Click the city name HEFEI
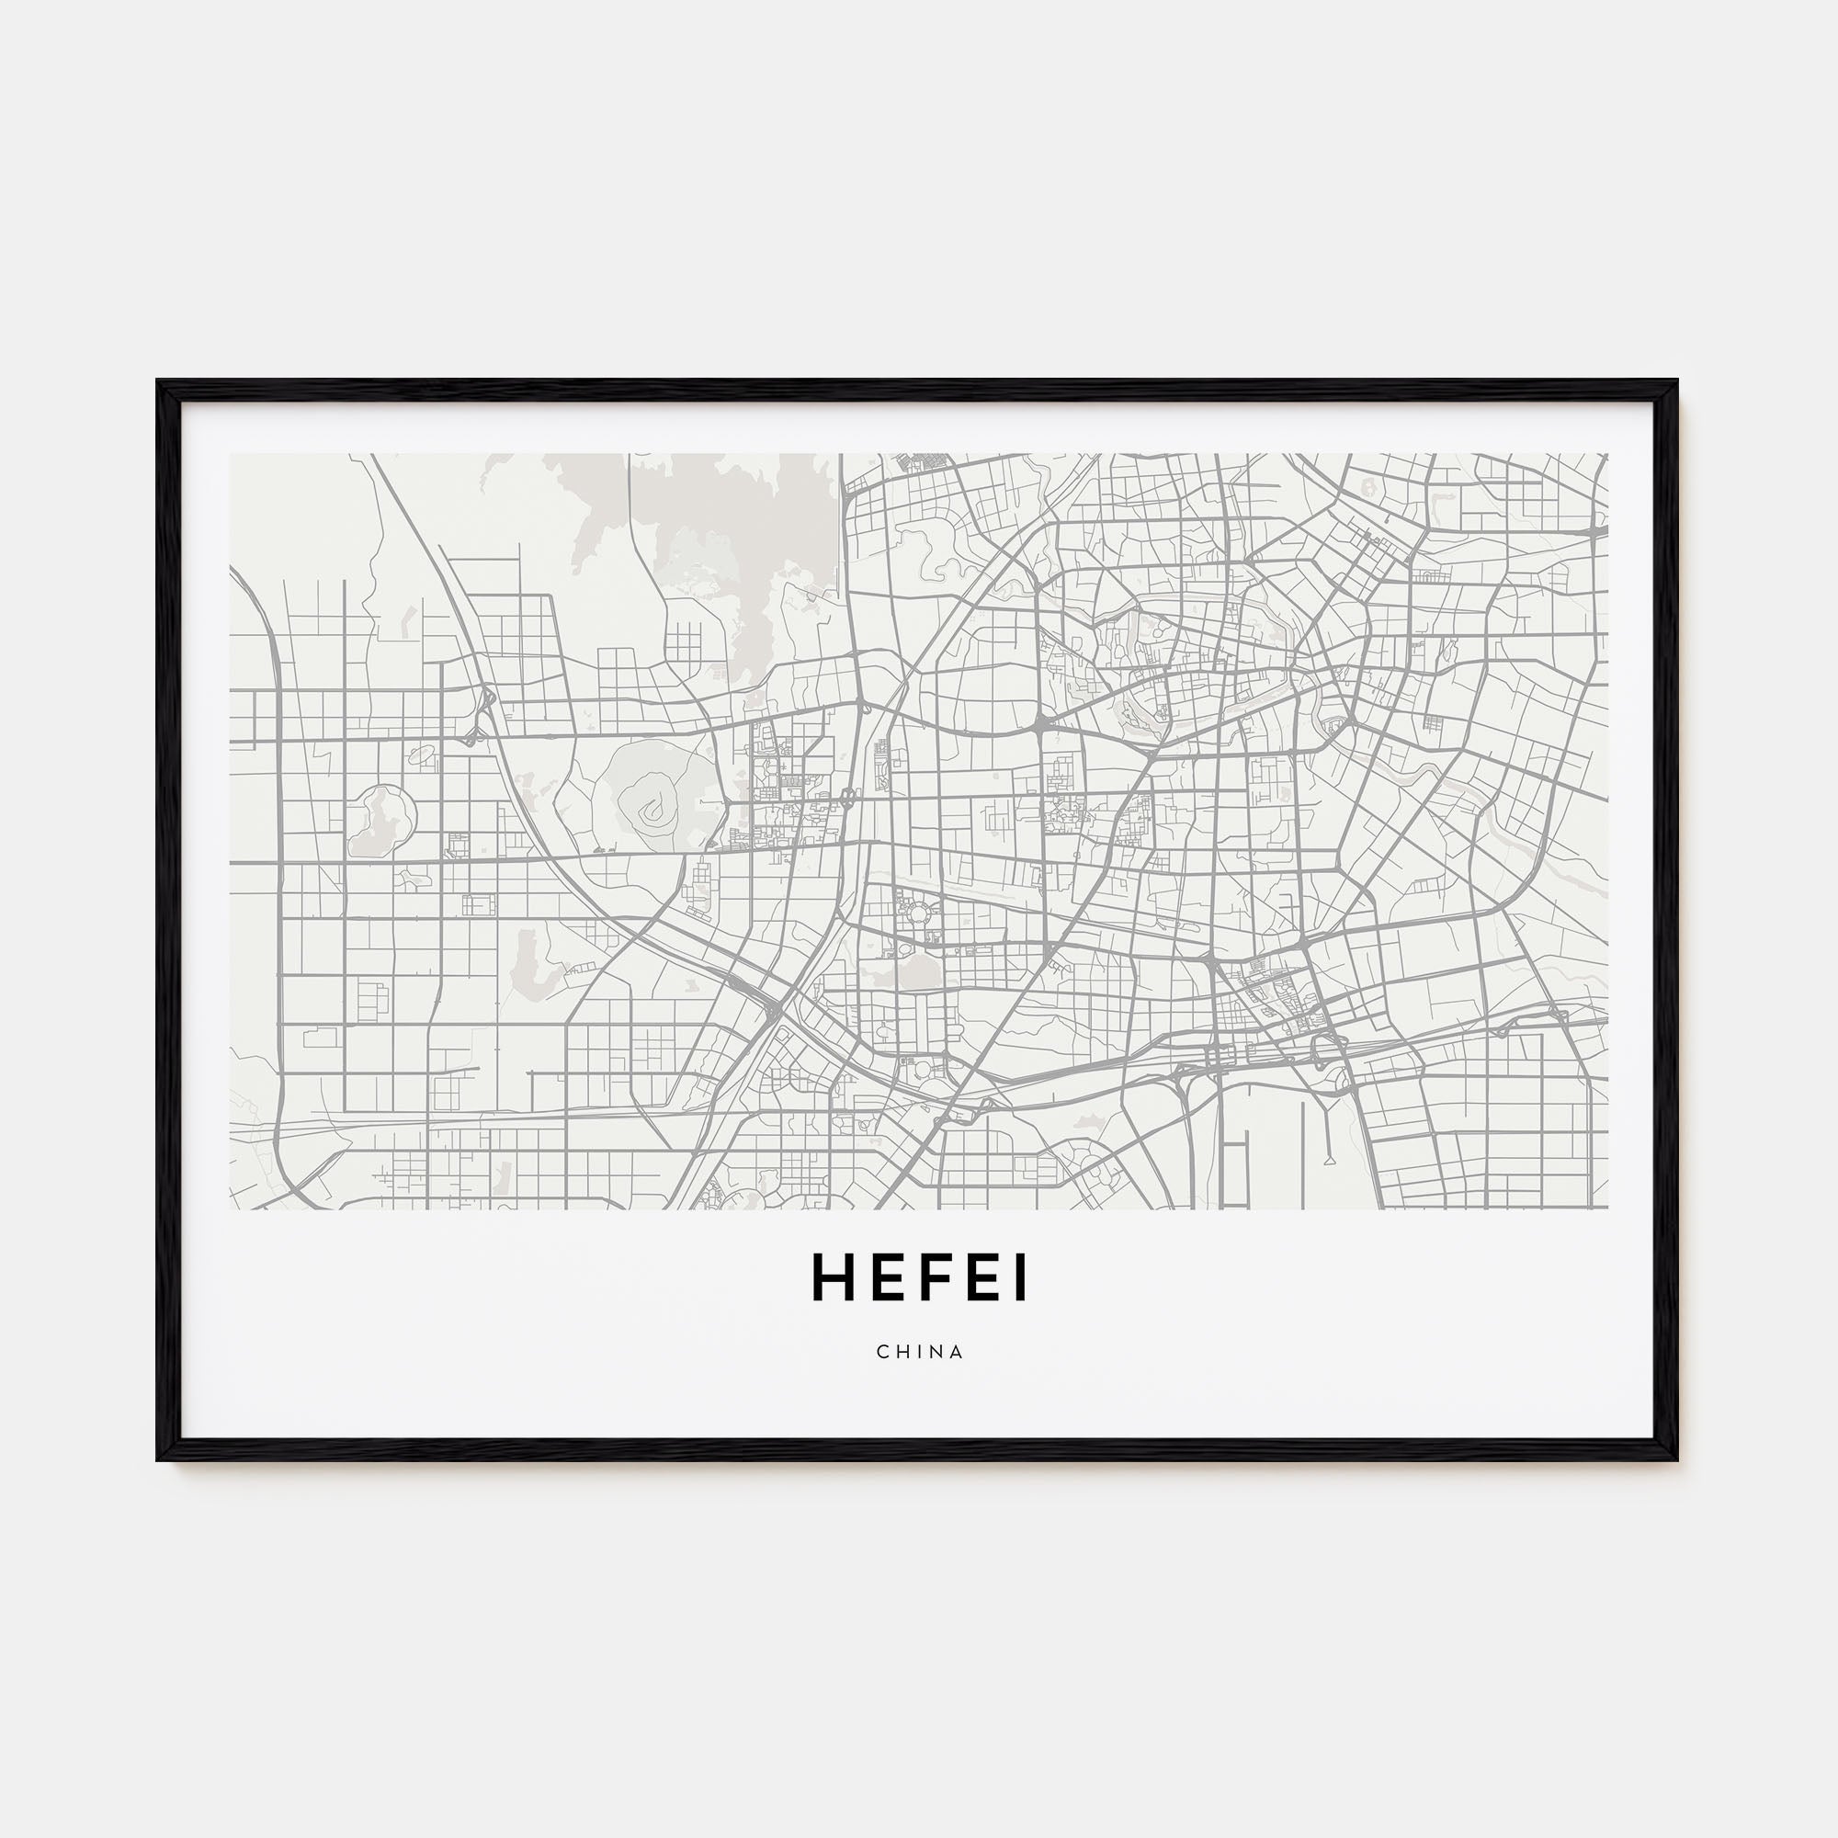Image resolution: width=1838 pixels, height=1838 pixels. pos(919,1279)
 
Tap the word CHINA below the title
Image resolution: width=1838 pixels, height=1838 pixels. pos(920,1352)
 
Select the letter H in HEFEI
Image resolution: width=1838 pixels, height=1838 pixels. pos(831,1279)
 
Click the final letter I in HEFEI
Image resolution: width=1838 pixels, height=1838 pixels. pos(1021,1279)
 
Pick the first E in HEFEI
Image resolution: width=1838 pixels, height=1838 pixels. pos(885,1279)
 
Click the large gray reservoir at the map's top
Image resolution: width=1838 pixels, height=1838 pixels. pos(723,533)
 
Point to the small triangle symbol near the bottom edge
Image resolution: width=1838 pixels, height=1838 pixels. pos(1328,1160)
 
